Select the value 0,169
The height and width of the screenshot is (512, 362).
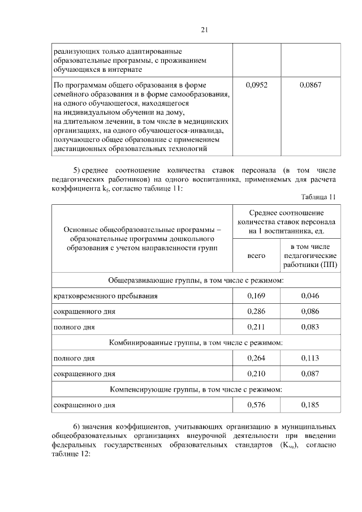(x=256, y=295)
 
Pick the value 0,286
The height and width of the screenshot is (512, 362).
(x=256, y=311)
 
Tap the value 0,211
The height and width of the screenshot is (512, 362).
(x=256, y=327)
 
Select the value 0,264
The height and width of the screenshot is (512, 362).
(x=256, y=358)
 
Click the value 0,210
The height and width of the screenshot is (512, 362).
(x=256, y=374)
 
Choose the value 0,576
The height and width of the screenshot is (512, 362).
(x=256, y=405)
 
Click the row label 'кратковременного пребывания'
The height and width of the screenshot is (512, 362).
(x=105, y=295)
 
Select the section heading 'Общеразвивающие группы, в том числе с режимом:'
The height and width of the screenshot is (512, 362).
(x=196, y=280)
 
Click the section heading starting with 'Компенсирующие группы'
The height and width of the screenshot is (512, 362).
(x=196, y=390)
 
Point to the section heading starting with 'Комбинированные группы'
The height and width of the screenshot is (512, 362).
(x=196, y=343)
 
